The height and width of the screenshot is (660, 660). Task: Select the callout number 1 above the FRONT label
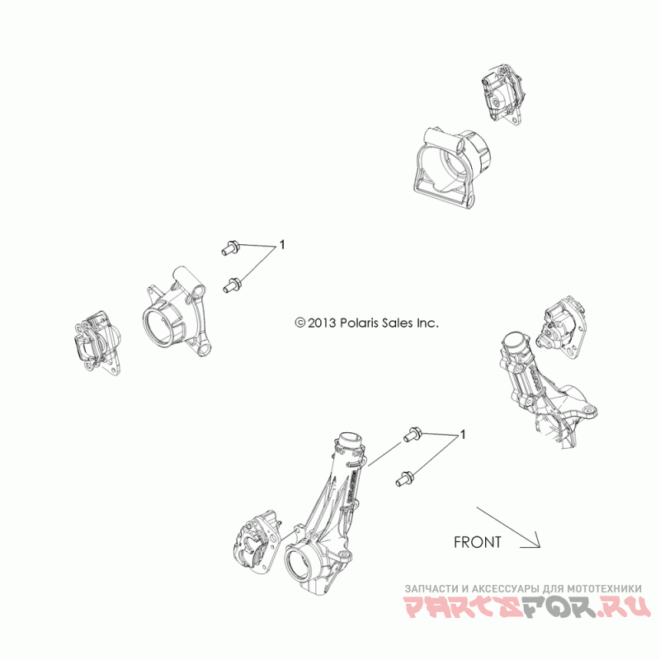(464, 433)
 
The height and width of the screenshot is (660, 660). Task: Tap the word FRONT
(477, 542)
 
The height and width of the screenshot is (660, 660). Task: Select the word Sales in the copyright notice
(386, 323)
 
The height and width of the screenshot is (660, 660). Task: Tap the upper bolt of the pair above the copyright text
(230, 246)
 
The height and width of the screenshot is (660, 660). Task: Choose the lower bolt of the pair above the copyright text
(232, 285)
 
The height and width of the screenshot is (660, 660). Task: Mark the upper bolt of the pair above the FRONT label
(412, 434)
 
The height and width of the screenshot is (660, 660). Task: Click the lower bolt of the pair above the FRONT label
(407, 475)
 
